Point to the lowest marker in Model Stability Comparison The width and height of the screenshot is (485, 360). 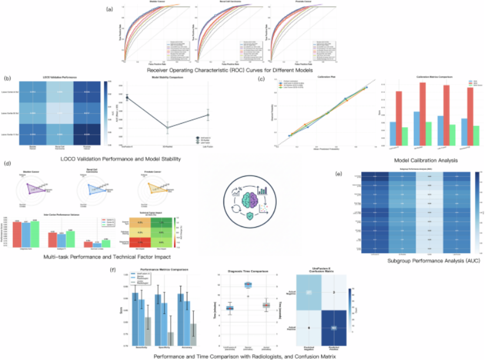(x=168, y=127)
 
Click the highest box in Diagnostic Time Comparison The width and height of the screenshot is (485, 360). (x=247, y=285)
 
